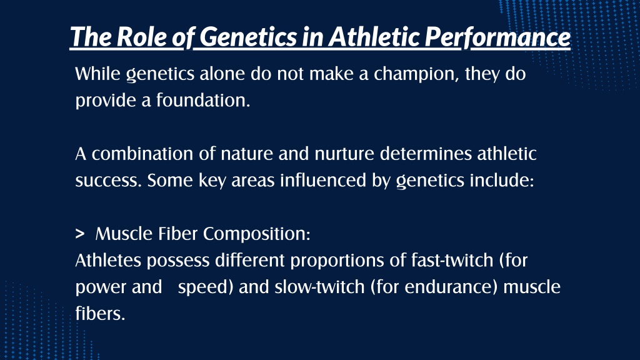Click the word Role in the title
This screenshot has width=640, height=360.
click(141, 37)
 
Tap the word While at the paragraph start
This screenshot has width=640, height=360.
click(97, 74)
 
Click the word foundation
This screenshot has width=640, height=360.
click(203, 101)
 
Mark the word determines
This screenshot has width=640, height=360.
click(426, 154)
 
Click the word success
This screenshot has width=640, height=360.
click(108, 181)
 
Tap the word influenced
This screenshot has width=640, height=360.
click(323, 181)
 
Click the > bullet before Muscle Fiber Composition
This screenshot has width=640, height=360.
click(80, 234)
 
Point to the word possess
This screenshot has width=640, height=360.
click(178, 261)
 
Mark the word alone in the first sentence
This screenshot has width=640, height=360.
click(222, 74)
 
